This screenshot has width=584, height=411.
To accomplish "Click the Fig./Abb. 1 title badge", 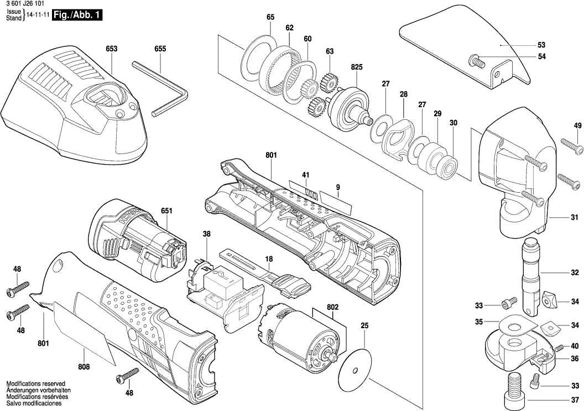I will [x=76, y=17].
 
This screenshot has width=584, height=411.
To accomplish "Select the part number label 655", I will [x=160, y=49].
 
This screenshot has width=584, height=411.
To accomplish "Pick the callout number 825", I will [x=356, y=67].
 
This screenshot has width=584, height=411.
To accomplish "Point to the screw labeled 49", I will [x=573, y=145].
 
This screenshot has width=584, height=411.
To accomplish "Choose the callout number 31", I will [x=574, y=217].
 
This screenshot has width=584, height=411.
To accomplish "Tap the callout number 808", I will [x=84, y=366].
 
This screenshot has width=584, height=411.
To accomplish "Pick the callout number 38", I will [x=206, y=234].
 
